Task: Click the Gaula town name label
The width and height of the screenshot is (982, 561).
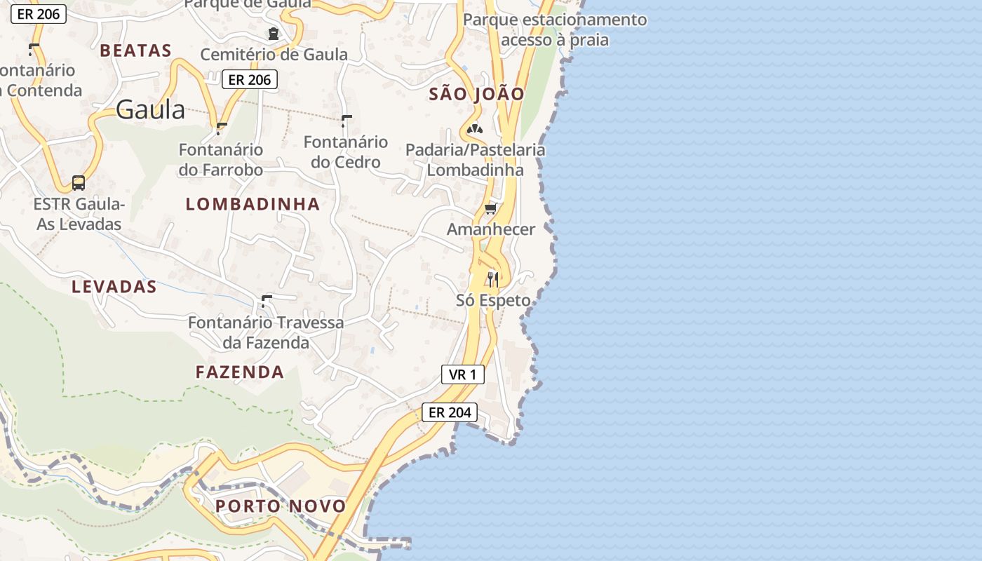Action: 150,109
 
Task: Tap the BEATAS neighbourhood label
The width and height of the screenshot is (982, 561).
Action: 135,50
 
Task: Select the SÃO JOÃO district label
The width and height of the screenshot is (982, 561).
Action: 476,94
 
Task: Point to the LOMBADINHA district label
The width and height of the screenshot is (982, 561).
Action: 253,204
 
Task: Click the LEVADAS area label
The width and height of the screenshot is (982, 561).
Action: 114,287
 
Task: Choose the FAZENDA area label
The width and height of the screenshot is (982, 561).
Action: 240,372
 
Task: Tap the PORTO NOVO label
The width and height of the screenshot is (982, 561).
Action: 281,506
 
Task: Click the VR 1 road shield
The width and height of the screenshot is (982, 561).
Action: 462,374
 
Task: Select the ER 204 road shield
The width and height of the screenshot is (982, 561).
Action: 450,412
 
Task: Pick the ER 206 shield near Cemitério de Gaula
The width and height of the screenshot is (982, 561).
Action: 250,80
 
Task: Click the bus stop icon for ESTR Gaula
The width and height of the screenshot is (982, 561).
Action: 79,183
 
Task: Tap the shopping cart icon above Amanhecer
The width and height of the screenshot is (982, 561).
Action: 491,208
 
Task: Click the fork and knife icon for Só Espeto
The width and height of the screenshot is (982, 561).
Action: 493,279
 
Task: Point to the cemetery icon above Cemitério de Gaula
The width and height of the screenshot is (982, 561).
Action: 273,33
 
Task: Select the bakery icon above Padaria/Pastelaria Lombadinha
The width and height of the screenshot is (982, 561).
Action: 475,129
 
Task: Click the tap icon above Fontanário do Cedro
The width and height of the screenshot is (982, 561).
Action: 346,121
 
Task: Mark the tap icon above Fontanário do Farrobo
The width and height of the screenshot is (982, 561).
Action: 222,128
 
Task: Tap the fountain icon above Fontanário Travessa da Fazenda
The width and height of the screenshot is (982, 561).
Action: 266,302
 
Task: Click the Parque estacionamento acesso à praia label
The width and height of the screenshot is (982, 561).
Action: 555,29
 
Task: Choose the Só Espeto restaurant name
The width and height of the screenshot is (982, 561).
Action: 493,301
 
